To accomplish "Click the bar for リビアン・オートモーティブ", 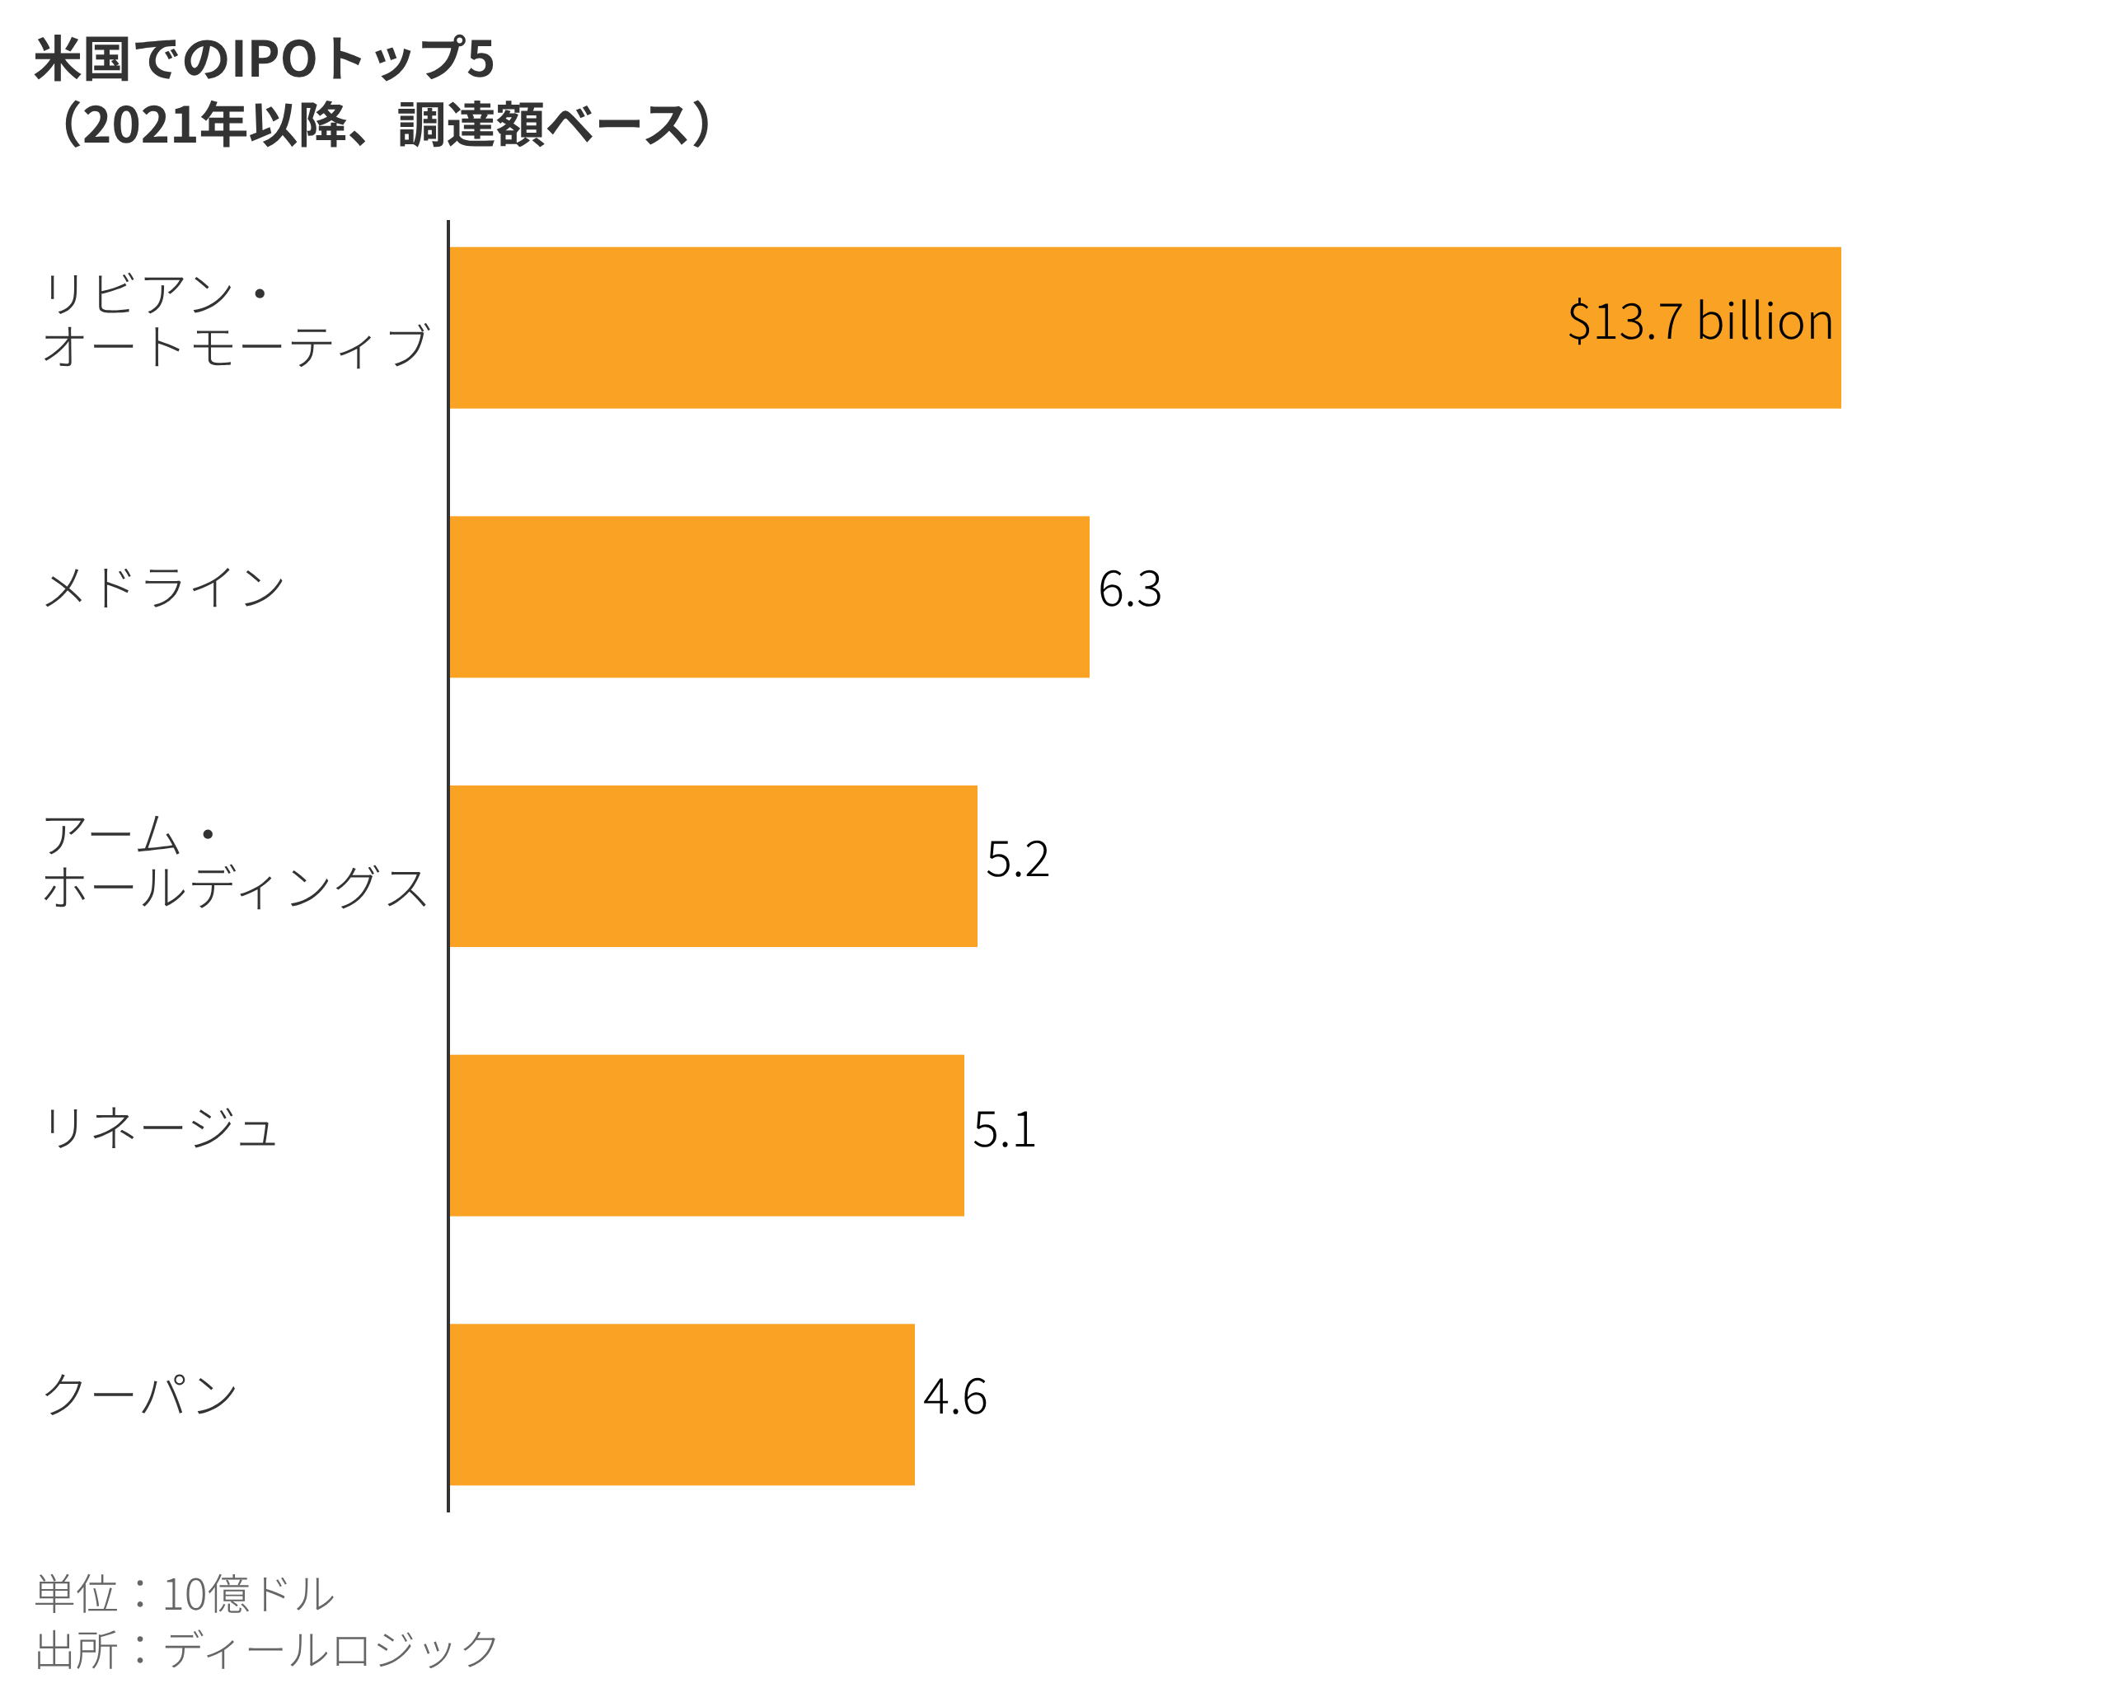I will tap(1144, 327).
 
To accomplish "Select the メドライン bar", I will tap(769, 596).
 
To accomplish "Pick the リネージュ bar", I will tap(706, 1135).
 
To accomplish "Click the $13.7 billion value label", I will tap(1700, 321).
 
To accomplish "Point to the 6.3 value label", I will tap(1129, 589).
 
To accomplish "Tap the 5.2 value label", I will tap(1017, 859).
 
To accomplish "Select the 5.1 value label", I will tap(1004, 1128).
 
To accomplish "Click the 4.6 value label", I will tap(954, 1397).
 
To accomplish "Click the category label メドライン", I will tap(164, 588).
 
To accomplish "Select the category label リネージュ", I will tap(160, 1128).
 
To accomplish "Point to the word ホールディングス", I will tap(236, 888).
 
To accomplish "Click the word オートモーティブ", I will tap(236, 346).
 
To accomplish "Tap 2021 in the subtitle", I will tap(139, 125).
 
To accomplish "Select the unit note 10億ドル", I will tap(248, 1594).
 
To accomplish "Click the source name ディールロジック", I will tap(331, 1650).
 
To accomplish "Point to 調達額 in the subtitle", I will tap(471, 125).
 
